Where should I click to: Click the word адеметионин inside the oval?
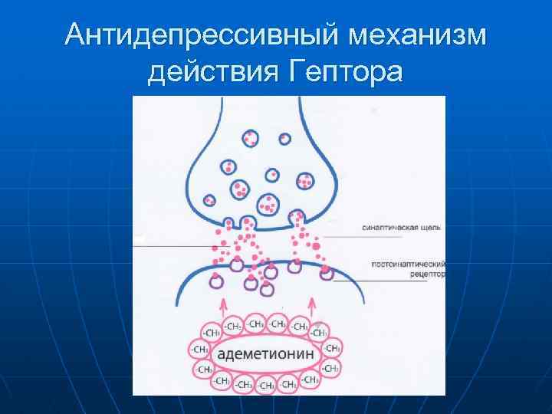(x=264, y=354)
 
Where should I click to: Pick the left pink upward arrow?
(x=223, y=304)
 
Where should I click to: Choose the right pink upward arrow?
(x=313, y=304)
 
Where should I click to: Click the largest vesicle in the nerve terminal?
(x=268, y=205)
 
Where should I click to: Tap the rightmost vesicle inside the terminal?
(x=305, y=182)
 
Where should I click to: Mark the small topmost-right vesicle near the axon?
(x=284, y=139)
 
